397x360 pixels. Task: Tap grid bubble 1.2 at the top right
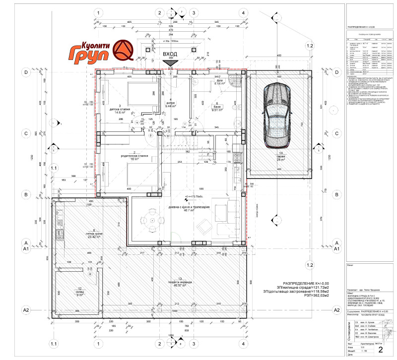point(309,46)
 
